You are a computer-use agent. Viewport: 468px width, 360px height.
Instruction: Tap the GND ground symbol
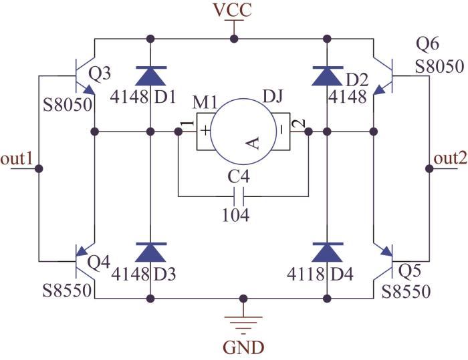(243, 325)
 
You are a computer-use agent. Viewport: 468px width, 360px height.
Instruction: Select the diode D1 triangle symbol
(150, 76)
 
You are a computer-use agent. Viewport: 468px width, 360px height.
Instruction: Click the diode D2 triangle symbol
(327, 76)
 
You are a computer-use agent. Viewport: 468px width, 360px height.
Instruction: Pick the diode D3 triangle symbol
(150, 252)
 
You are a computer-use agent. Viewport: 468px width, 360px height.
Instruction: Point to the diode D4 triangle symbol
(327, 252)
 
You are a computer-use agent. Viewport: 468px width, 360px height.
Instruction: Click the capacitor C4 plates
(239, 196)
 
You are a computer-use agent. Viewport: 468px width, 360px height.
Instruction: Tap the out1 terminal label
(17, 159)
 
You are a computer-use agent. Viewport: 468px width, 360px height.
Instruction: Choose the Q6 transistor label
(427, 45)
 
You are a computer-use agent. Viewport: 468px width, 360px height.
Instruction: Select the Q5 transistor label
(410, 271)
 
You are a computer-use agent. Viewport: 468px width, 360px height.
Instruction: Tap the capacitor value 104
(236, 215)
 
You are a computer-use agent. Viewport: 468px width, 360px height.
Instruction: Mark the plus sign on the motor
(205, 131)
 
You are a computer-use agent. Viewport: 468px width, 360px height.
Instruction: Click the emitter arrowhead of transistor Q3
(90, 89)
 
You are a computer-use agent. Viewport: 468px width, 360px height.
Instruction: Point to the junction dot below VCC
(234, 39)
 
